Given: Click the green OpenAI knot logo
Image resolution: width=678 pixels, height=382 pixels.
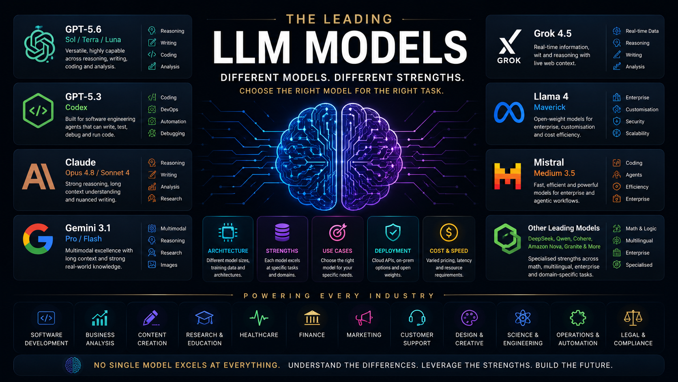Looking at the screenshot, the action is click(39, 45).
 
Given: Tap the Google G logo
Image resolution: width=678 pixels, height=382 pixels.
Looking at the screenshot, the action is click(38, 239).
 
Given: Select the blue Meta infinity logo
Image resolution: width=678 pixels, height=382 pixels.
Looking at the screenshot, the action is click(509, 112).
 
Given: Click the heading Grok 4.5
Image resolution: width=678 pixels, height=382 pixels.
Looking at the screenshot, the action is click(552, 33).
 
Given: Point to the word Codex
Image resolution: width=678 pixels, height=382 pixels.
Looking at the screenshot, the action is click(76, 108).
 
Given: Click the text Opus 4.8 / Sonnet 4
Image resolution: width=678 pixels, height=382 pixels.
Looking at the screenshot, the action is click(97, 173).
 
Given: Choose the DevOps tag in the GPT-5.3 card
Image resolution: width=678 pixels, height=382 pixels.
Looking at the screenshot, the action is click(169, 109).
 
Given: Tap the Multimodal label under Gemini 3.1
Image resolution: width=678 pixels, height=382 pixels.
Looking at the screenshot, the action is click(173, 229).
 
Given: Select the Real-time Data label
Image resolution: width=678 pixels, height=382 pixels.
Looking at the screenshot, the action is click(642, 31).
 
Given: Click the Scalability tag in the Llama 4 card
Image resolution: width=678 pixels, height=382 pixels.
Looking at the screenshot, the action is click(637, 133).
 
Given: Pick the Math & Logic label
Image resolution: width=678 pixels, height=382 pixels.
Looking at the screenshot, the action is click(641, 229).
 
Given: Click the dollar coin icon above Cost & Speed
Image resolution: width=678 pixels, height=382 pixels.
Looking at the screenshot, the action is click(448, 232).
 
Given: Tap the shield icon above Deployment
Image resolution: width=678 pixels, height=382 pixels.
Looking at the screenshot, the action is click(393, 232).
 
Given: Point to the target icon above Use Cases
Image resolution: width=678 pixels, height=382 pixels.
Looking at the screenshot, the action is click(337, 232).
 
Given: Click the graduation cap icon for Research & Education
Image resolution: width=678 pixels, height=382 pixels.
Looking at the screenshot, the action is click(204, 318).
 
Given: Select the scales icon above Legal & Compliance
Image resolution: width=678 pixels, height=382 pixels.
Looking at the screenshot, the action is click(633, 318).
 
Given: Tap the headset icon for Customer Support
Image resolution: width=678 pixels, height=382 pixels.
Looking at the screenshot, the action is click(417, 318).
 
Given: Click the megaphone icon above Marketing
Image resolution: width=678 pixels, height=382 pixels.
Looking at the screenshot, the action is click(364, 318).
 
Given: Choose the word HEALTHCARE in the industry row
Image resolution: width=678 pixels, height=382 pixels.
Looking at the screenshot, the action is click(259, 335).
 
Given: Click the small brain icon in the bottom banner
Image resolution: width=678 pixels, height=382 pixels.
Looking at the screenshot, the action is click(73, 365).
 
